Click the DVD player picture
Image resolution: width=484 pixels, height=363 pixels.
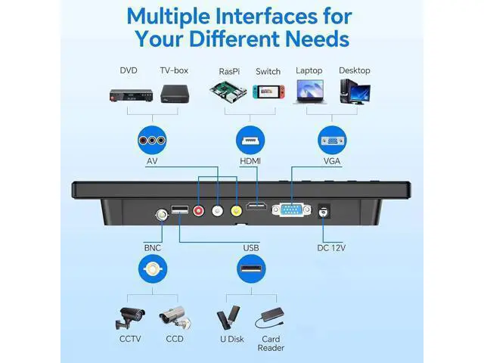point(131,95)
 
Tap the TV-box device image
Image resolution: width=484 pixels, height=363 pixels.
point(175,94)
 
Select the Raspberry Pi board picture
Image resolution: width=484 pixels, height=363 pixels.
point(228,92)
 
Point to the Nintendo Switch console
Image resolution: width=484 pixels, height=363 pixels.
point(268,92)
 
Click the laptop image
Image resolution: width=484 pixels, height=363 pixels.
point(310,92)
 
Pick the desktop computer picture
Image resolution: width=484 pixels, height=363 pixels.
point(355,92)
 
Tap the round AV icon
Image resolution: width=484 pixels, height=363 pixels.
point(152,141)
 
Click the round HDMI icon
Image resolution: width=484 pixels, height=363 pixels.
point(250,141)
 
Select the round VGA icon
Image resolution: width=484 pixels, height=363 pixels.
point(332,141)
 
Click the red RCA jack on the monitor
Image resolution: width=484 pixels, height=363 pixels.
point(198,211)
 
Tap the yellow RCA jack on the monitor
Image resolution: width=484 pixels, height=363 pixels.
point(237,211)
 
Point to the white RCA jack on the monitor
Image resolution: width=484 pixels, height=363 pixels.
point(217,211)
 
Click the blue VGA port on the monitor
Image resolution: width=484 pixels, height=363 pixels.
point(292,210)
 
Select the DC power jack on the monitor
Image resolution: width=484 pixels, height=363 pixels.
point(324,212)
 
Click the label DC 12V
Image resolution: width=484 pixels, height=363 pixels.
point(331,248)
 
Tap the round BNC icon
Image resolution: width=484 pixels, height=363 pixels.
point(153,269)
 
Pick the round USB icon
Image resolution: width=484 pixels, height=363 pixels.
point(251,269)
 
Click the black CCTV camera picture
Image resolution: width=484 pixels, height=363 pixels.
point(129,318)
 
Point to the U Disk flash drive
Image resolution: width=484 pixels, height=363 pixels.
point(228,318)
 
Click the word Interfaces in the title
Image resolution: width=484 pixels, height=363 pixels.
point(266,16)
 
